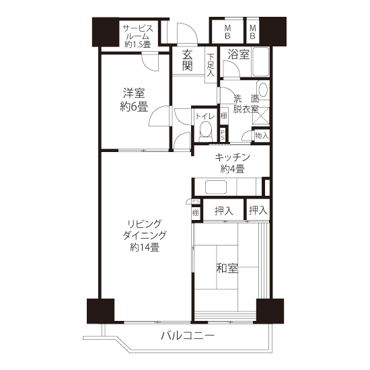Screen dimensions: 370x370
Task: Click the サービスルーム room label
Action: pyautogui.click(x=137, y=36)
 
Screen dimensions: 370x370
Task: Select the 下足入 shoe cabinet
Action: pyautogui.click(x=211, y=65)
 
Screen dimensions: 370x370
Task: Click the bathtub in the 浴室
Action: pyautogui.click(x=261, y=62)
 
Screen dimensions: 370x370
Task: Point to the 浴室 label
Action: pyautogui.click(x=238, y=54)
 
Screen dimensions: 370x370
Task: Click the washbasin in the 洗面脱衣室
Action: pyautogui.click(x=263, y=89)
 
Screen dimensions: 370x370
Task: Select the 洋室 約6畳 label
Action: pyautogui.click(x=134, y=100)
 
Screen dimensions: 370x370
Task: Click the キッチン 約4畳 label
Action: pyautogui.click(x=232, y=163)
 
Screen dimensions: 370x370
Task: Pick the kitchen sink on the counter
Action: pyautogui.click(x=216, y=187)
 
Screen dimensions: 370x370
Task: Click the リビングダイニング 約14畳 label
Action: pyautogui.click(x=145, y=235)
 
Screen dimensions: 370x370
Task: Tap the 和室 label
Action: pyautogui.click(x=227, y=268)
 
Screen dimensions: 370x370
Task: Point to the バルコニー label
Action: pyautogui.click(x=188, y=335)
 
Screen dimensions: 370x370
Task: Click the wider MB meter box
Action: pyautogui.click(x=227, y=32)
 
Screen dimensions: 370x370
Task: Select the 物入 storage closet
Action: pyautogui.click(x=262, y=135)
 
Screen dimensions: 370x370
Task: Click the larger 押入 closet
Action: pyautogui.click(x=223, y=211)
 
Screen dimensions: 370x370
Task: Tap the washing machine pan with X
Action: pyautogui.click(x=261, y=116)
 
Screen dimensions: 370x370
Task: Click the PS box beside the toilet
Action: pyautogui.click(x=223, y=135)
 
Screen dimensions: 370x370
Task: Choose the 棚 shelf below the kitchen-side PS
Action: pyautogui.click(x=195, y=213)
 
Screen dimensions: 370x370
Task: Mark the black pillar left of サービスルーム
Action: pyautogui.click(x=106, y=32)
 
